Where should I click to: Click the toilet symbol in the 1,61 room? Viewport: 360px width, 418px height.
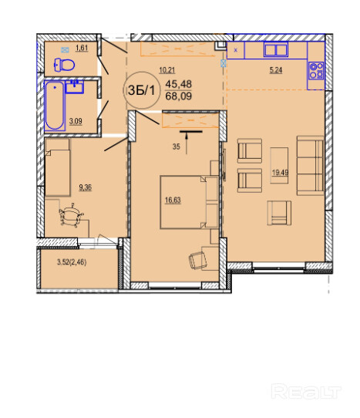(x=64, y=65)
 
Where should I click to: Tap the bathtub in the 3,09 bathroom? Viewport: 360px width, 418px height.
(x=55, y=106)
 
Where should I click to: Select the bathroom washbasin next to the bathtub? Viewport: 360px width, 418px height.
(x=75, y=86)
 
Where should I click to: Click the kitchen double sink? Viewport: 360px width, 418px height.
(x=276, y=49)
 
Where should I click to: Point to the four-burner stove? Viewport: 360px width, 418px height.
(x=316, y=71)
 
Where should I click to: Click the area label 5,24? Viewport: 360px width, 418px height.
(x=276, y=70)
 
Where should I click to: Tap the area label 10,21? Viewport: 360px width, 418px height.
(x=167, y=70)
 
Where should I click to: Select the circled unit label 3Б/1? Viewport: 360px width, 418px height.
(x=142, y=90)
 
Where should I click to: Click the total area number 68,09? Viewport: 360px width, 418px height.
(x=179, y=96)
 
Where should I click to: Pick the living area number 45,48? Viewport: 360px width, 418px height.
(x=179, y=84)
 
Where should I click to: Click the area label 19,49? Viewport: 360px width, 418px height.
(x=280, y=173)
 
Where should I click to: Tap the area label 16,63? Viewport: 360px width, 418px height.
(x=173, y=200)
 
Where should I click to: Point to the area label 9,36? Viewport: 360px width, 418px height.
(x=86, y=187)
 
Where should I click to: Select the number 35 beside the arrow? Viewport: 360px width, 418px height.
(x=176, y=147)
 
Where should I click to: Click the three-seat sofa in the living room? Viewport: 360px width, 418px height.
(x=311, y=166)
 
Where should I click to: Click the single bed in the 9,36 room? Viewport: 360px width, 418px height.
(x=58, y=167)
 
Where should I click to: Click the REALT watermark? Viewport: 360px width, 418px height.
(x=306, y=392)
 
